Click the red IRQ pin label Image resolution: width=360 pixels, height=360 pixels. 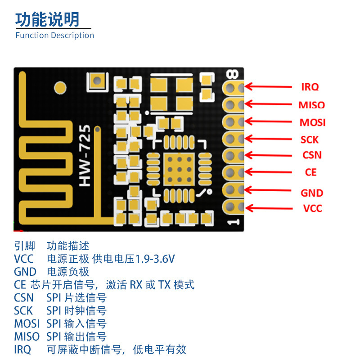(x=310, y=87)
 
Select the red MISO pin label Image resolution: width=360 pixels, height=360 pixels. (x=311, y=105)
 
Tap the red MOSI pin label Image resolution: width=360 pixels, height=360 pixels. (x=312, y=122)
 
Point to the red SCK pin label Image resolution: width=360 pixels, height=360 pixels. (x=310, y=140)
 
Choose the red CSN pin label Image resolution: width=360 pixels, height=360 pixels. (x=312, y=155)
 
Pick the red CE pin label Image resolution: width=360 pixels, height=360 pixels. (x=310, y=172)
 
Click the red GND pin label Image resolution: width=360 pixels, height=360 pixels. (x=312, y=193)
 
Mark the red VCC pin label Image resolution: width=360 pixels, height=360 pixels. (x=312, y=208)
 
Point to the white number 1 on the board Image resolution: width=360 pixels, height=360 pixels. (x=233, y=222)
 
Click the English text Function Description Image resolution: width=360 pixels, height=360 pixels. (x=54, y=35)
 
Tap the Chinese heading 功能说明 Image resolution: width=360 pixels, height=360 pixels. (x=47, y=19)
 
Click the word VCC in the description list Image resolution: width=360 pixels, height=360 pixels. (x=23, y=259)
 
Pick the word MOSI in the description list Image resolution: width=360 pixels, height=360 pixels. (x=27, y=324)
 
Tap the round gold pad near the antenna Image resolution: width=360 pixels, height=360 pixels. (x=59, y=86)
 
